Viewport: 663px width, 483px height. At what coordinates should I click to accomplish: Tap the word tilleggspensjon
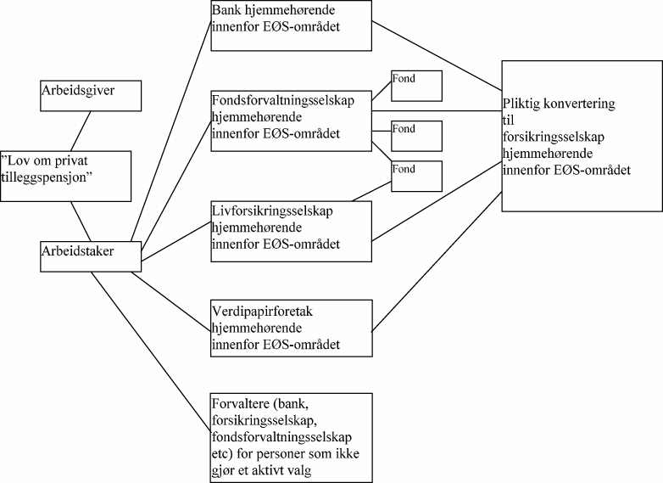tap(51, 176)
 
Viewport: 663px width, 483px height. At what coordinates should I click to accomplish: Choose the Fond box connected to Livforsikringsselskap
tap(416, 176)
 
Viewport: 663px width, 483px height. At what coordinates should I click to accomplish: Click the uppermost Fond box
tap(416, 85)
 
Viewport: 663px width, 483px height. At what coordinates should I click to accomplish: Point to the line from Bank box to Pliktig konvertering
tap(437, 54)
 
